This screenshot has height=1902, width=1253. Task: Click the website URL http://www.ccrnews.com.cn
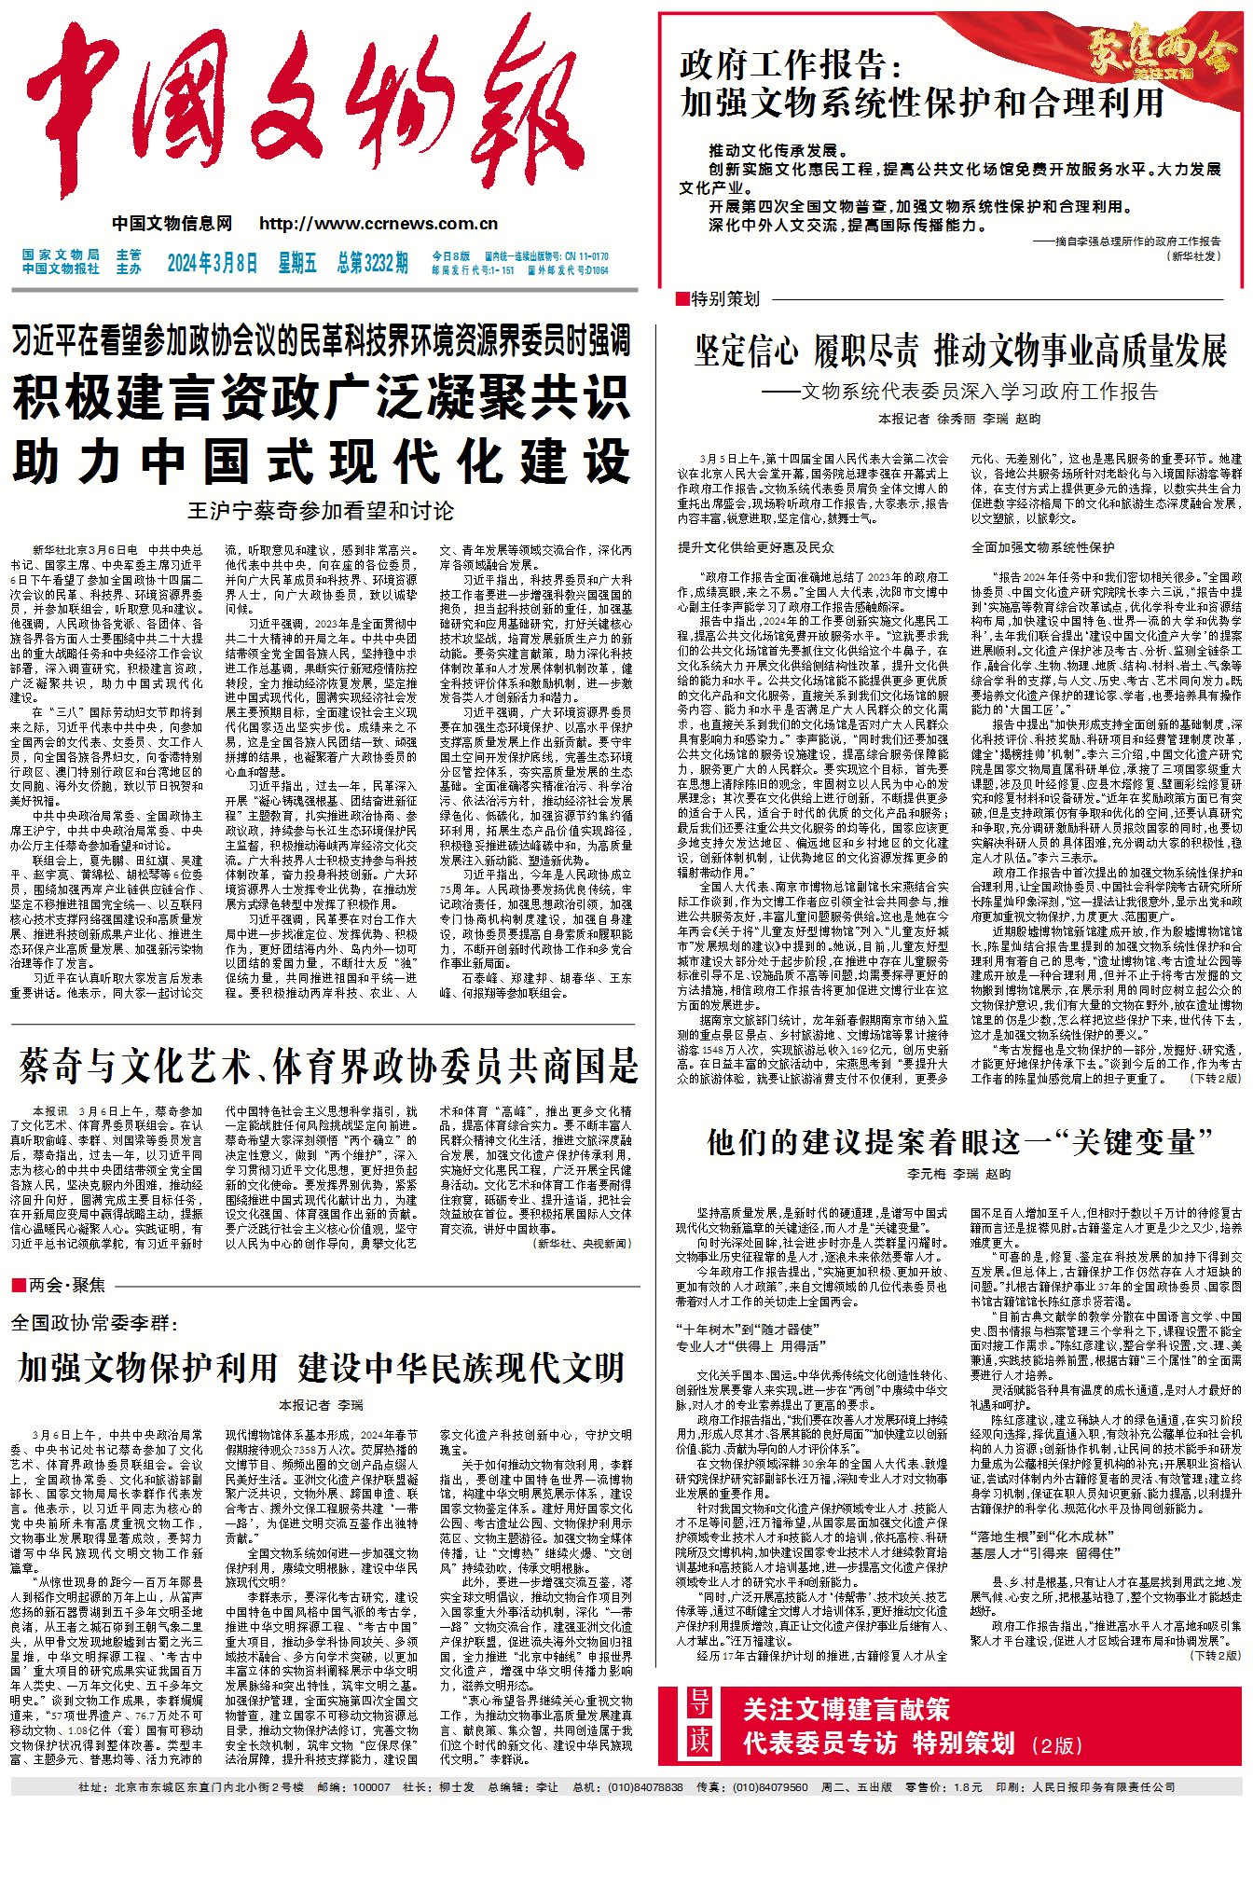tap(379, 224)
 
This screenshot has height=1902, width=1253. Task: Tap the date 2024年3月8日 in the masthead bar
tap(212, 264)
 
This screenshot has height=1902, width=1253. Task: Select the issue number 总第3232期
tap(372, 264)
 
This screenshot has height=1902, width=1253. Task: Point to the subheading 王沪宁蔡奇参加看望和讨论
tap(321, 511)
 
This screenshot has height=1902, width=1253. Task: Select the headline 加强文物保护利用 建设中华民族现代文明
tap(321, 1368)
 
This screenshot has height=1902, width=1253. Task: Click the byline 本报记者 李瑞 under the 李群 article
tap(321, 1405)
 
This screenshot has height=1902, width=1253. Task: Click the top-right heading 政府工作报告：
tap(792, 65)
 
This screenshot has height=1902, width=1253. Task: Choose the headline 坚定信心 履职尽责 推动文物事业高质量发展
tap(960, 351)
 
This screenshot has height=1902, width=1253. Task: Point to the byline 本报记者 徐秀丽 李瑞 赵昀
tap(959, 420)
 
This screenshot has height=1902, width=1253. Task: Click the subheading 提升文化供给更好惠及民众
tap(756, 547)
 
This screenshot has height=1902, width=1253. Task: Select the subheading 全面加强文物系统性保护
tap(1042, 547)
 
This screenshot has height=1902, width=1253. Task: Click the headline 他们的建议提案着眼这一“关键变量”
tap(959, 1141)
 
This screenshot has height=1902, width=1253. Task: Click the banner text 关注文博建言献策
tap(846, 1709)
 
